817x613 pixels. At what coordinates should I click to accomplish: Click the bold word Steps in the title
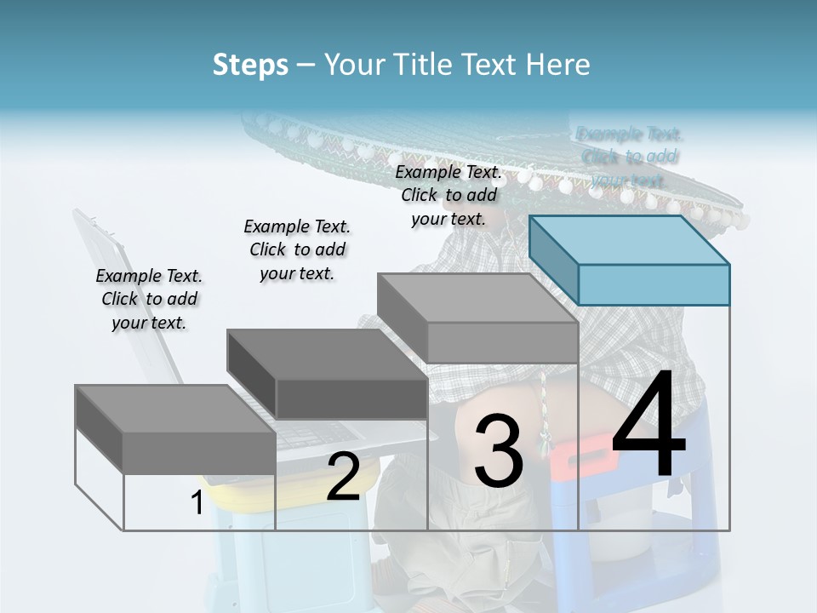pos(250,65)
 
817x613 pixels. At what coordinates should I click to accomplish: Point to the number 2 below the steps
pos(343,477)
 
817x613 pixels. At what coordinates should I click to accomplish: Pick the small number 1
pos(197,503)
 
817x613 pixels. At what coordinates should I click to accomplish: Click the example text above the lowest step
pos(149,299)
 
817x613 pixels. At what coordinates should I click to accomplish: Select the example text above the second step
pos(297,249)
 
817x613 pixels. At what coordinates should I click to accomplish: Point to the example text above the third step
pos(448,195)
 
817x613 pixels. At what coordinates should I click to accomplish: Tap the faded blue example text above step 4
pos(629,157)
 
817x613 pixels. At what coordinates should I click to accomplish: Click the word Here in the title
pos(559,65)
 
